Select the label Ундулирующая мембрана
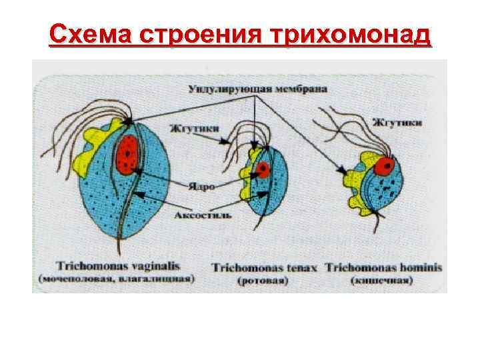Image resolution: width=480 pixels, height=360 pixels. coord(257,88)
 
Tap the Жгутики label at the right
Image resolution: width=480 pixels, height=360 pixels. coord(397,123)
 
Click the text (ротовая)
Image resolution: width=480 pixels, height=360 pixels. coord(263,281)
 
